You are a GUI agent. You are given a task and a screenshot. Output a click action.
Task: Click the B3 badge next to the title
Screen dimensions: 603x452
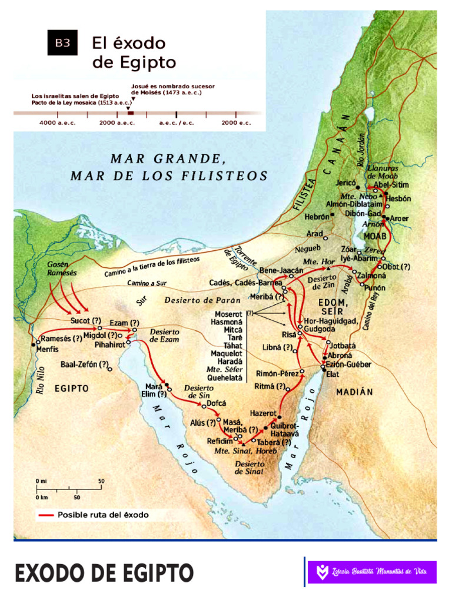tap(62, 42)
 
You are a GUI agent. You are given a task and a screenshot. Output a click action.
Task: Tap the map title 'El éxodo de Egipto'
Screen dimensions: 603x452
tap(134, 52)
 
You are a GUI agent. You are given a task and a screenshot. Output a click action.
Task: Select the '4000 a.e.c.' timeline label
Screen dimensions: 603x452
tap(54, 122)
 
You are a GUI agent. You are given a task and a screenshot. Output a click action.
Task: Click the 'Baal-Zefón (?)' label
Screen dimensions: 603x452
tap(84, 365)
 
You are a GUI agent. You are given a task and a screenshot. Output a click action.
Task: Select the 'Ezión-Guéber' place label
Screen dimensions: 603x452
tap(350, 365)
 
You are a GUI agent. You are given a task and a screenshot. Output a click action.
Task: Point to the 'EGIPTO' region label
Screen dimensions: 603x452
tap(71, 389)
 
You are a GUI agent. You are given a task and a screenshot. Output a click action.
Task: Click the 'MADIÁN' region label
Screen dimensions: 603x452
tap(355, 392)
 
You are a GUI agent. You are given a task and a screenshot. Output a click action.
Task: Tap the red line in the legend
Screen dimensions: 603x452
tap(45, 515)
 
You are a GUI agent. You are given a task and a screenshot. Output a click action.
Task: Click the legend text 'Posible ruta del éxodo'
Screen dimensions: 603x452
tap(103, 515)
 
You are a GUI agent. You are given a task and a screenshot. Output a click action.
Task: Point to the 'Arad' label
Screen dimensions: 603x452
tap(315, 234)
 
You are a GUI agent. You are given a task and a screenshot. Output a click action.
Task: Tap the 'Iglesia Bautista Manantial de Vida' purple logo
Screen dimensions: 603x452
tap(372, 571)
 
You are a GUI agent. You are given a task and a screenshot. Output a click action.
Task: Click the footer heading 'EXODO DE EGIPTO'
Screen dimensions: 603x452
tap(104, 573)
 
